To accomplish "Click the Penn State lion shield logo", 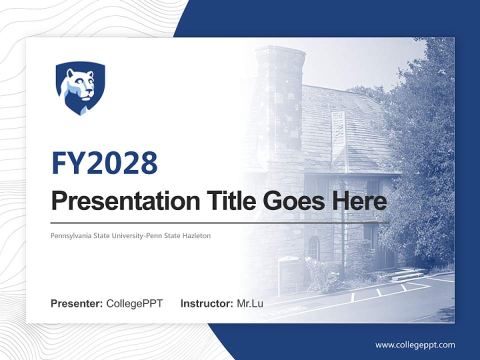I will pyautogui.click(x=80, y=88).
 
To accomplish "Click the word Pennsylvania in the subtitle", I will pyautogui.click(x=70, y=235).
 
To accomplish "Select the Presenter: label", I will pyautogui.click(x=77, y=303).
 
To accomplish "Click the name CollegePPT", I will pyautogui.click(x=134, y=303).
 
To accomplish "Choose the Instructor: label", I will pyautogui.click(x=206, y=303).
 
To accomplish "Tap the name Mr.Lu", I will pyautogui.click(x=250, y=303).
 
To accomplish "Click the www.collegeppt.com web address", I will pyautogui.click(x=415, y=345).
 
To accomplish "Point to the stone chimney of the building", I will pyautogui.click(x=279, y=95).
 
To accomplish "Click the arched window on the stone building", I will pyautogui.click(x=313, y=248).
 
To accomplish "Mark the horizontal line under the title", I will pyautogui.click(x=220, y=222).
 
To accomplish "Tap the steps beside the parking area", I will pyautogui.click(x=407, y=274).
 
